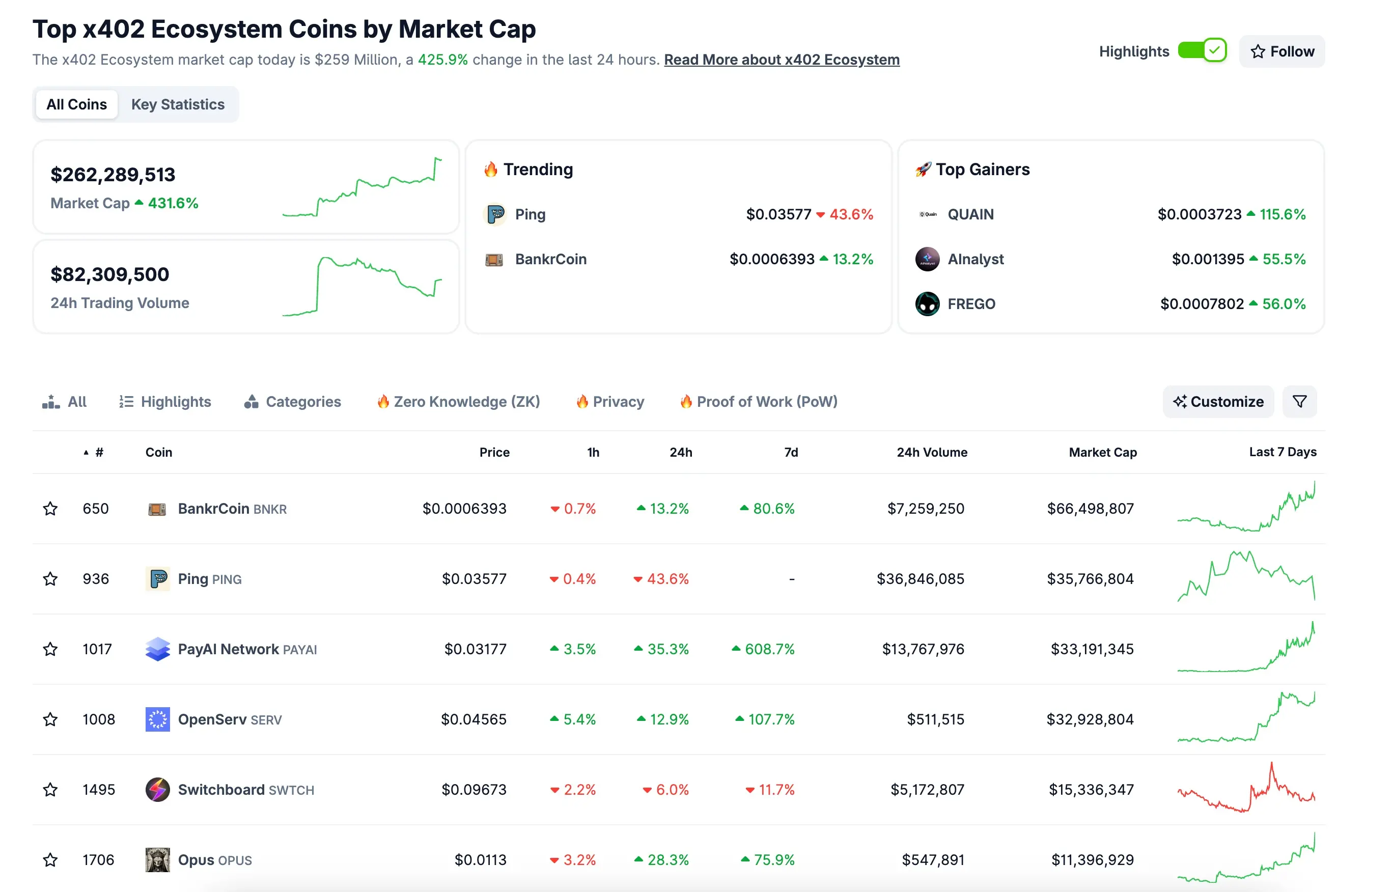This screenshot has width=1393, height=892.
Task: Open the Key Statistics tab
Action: coord(177,104)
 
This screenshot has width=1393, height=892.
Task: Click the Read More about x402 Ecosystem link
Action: coord(782,60)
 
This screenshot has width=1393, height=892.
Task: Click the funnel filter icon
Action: coord(1299,401)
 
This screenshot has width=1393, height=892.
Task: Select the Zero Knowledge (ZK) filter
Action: coord(459,401)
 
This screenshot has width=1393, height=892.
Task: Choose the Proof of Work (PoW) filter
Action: coord(759,401)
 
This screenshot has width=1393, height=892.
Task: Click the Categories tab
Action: coord(293,401)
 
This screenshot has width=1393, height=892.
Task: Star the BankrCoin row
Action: coord(50,509)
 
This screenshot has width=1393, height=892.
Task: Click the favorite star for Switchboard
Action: coord(50,790)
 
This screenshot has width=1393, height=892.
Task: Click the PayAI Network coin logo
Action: coord(157,649)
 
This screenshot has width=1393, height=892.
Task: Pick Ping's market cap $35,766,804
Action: coord(1090,579)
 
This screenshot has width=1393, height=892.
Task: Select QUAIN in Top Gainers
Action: coord(970,214)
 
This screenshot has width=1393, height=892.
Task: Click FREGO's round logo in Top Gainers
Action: coord(927,304)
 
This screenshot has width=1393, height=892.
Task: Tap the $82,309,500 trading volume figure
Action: coord(110,274)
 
